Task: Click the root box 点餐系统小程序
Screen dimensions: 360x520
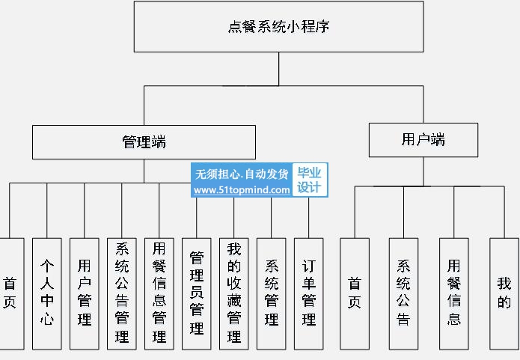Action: pyautogui.click(x=278, y=27)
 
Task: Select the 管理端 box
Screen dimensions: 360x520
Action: pyautogui.click(x=144, y=142)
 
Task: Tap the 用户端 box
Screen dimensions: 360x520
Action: pyautogui.click(x=423, y=140)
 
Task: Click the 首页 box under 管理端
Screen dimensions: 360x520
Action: pyautogui.click(x=10, y=293)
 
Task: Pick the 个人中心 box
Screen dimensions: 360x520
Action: pyautogui.click(x=47, y=293)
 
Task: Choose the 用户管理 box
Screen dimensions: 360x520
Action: pyautogui.click(x=85, y=293)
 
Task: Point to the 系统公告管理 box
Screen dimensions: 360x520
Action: pyautogui.click(x=122, y=293)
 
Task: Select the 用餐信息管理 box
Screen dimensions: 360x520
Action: pyautogui.click(x=159, y=293)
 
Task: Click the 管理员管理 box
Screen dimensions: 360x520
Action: pyautogui.click(x=197, y=293)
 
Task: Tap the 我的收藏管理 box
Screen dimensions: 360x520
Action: pyautogui.click(x=234, y=293)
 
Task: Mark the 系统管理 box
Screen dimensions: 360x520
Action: pyautogui.click(x=272, y=293)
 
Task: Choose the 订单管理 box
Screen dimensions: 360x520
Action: pyautogui.click(x=309, y=293)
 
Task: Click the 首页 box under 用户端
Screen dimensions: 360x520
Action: pyautogui.click(x=355, y=293)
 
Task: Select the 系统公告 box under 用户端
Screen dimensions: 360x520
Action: pyautogui.click(x=403, y=293)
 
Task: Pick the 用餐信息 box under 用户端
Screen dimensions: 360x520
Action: pyautogui.click(x=454, y=293)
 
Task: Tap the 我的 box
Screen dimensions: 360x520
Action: pyautogui.click(x=504, y=293)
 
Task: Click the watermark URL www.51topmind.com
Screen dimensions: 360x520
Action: pyautogui.click(x=242, y=190)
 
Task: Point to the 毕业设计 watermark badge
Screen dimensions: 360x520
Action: pyautogui.click(x=309, y=180)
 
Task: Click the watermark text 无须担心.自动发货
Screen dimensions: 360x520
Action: pyautogui.click(x=242, y=174)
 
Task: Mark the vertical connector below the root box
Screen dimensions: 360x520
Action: pyautogui.click(x=278, y=70)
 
